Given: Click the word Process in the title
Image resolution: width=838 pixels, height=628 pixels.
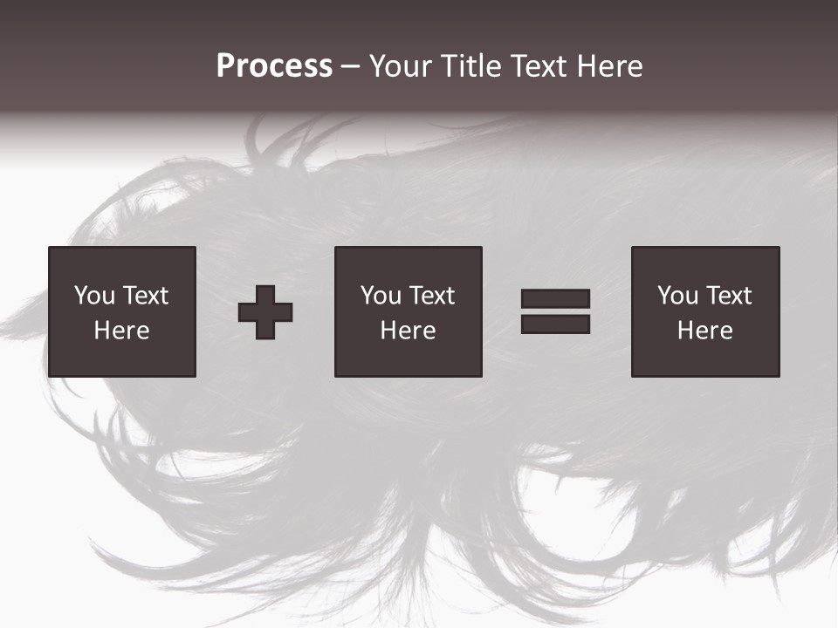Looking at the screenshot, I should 274,66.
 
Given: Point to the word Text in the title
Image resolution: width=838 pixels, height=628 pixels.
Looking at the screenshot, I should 538,66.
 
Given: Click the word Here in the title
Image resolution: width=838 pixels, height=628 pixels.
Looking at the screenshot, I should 608,66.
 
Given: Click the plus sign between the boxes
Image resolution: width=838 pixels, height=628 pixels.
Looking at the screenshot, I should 265,312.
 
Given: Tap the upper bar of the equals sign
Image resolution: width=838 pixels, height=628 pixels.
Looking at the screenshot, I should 555,299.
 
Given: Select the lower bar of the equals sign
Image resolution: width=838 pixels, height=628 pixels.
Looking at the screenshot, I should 555,324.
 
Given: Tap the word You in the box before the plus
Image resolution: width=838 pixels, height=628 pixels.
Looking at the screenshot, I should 94,296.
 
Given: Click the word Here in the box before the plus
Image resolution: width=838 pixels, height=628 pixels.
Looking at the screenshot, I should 121,331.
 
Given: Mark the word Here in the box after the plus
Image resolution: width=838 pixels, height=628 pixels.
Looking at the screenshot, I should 408,331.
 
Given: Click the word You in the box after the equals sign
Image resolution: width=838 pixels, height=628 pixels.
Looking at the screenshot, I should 677,296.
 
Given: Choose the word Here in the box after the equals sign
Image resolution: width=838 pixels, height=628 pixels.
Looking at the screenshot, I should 704,331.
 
